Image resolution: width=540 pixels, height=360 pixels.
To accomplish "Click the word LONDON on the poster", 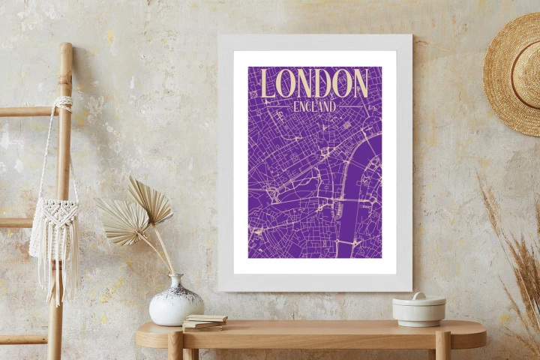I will click(314, 83).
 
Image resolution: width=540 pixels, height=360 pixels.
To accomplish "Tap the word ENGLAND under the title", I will click(315, 107).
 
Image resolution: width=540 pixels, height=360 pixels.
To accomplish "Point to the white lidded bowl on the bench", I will click(418, 309).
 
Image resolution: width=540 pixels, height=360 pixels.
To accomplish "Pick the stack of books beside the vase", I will click(204, 322).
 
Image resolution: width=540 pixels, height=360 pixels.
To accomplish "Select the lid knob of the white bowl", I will click(418, 295).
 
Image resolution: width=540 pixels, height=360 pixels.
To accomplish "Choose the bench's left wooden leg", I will click(175, 347).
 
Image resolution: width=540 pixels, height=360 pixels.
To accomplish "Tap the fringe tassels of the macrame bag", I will click(54, 277).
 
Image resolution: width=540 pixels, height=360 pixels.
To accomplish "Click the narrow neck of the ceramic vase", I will click(175, 281).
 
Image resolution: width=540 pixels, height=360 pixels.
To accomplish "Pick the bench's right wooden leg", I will click(442, 347).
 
